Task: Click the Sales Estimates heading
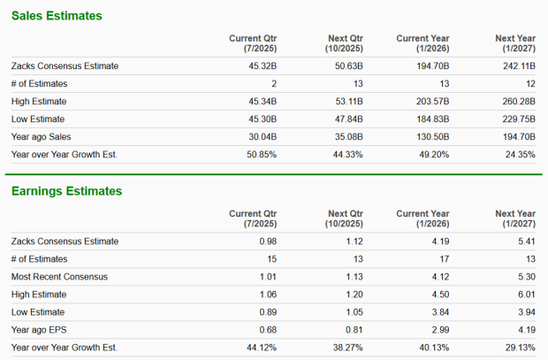click(x=57, y=16)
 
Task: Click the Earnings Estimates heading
click(x=66, y=191)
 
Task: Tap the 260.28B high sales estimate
click(x=517, y=102)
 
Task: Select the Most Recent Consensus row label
click(x=59, y=277)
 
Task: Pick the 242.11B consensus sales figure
click(x=517, y=66)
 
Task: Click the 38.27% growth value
click(x=347, y=348)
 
